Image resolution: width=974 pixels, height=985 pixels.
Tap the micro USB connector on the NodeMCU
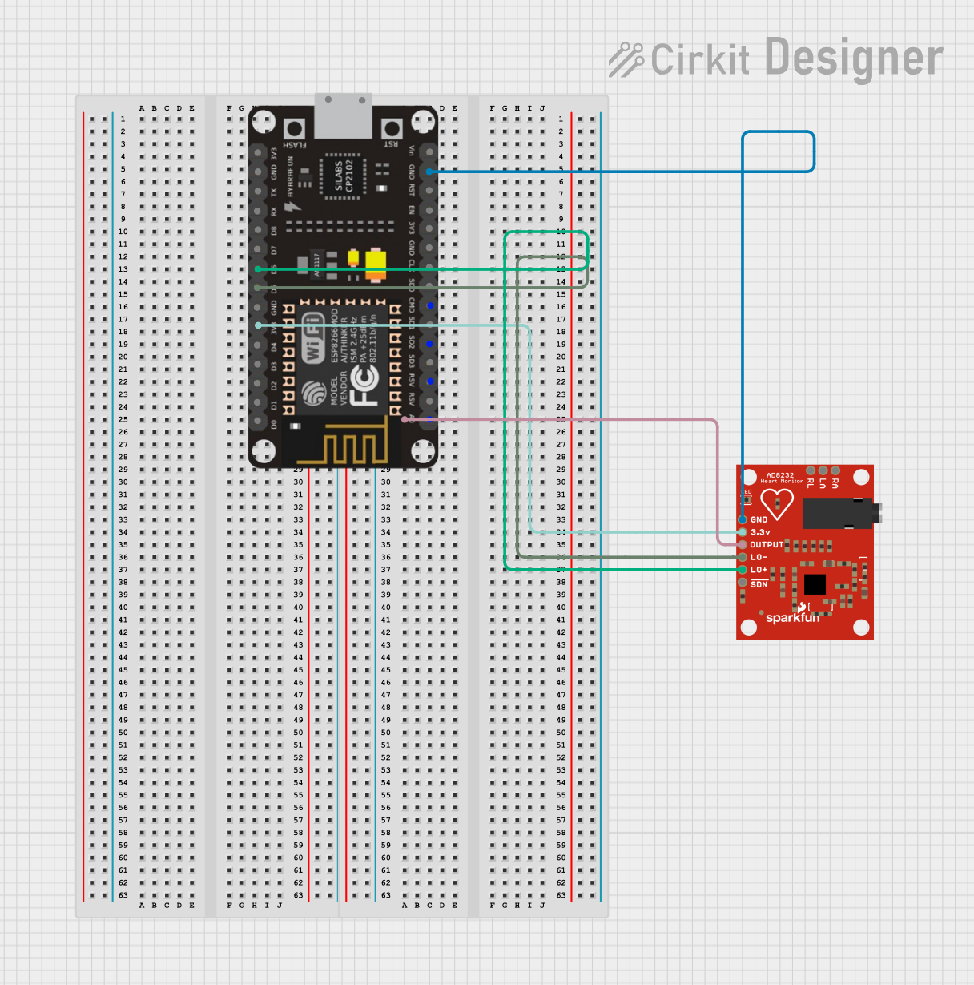point(343,116)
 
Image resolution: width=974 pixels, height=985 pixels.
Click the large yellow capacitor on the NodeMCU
point(375,264)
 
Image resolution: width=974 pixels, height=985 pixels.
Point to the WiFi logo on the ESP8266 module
point(313,337)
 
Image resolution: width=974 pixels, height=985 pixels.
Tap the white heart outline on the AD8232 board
point(776,503)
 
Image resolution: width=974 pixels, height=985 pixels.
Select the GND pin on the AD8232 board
point(743,519)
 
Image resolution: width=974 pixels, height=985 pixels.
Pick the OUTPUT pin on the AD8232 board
point(743,545)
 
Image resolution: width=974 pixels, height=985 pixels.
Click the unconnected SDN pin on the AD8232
point(743,583)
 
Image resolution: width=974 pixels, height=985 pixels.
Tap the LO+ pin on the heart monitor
point(743,570)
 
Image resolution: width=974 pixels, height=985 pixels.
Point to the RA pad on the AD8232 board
point(835,471)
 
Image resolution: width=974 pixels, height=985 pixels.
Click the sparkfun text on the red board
point(792,617)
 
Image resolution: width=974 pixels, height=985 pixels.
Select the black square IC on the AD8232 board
point(815,584)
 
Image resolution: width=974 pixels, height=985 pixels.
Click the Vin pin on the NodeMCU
point(430,151)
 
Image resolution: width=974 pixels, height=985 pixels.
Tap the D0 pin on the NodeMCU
point(258,424)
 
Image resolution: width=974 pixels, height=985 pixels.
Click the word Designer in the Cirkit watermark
point(854,59)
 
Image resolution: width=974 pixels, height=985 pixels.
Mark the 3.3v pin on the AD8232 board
point(743,532)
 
